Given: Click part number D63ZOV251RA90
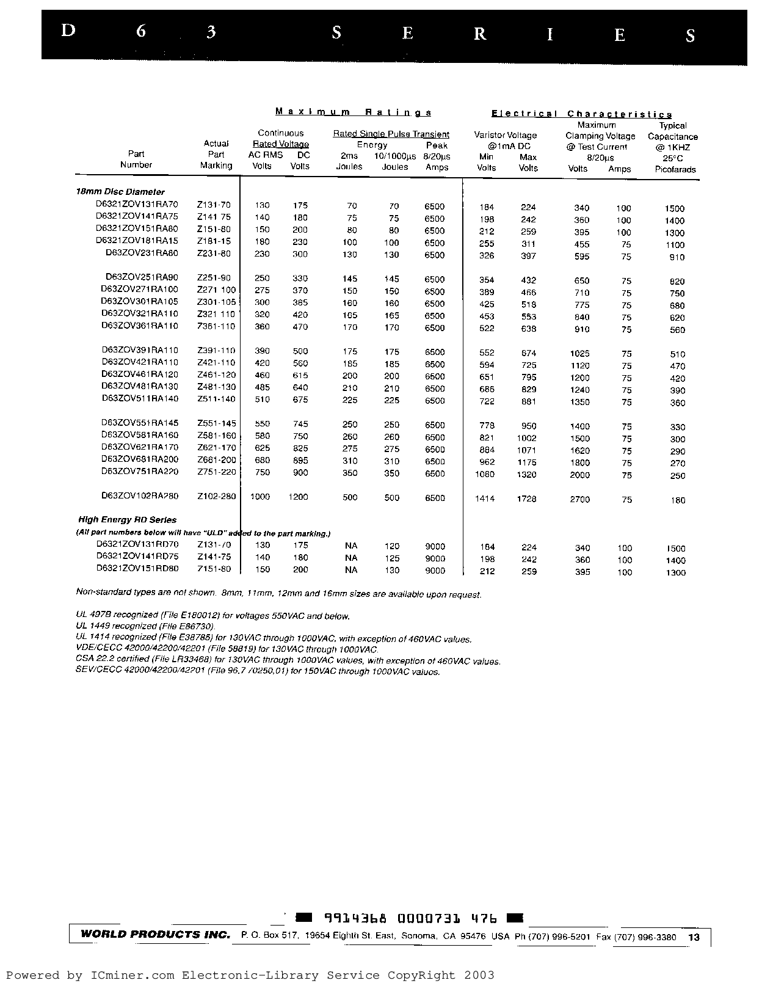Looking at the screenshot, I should pos(140,278).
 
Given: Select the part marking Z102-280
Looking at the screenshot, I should pos(216,496).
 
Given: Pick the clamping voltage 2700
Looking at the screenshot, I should pos(579,500).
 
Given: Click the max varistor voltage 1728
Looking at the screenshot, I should pos(526,499).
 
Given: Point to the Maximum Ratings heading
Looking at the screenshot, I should pos(354,112).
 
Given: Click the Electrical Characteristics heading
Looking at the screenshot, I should pos(581,114).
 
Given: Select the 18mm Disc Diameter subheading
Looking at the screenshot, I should pos(120,192).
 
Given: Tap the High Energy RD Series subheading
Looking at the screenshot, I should pos(128,520).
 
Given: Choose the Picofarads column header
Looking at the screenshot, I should pos(675,170).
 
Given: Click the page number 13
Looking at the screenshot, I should pos(694,937).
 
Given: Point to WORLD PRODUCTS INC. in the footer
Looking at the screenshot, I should pos(155,935).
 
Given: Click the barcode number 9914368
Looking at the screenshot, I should pos(355,919).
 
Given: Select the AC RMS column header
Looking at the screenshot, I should pos(266,155).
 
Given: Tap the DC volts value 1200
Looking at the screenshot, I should pos(298,497).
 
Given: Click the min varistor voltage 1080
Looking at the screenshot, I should pos(485,475).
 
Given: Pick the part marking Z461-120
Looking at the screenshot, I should pos(216,374).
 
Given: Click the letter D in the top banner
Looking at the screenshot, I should pos(68,31).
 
